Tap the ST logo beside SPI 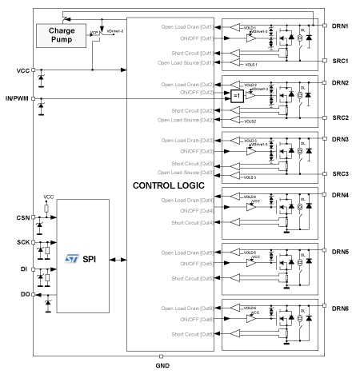(x=71, y=260)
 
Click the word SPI (x=90, y=260)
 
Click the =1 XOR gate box (x=236, y=96)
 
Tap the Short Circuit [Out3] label (x=190, y=164)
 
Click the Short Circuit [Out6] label (x=190, y=334)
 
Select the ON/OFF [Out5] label (x=196, y=263)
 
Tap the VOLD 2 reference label (x=250, y=84)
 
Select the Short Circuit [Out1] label (x=190, y=54)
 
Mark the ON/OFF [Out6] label (x=196, y=318)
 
